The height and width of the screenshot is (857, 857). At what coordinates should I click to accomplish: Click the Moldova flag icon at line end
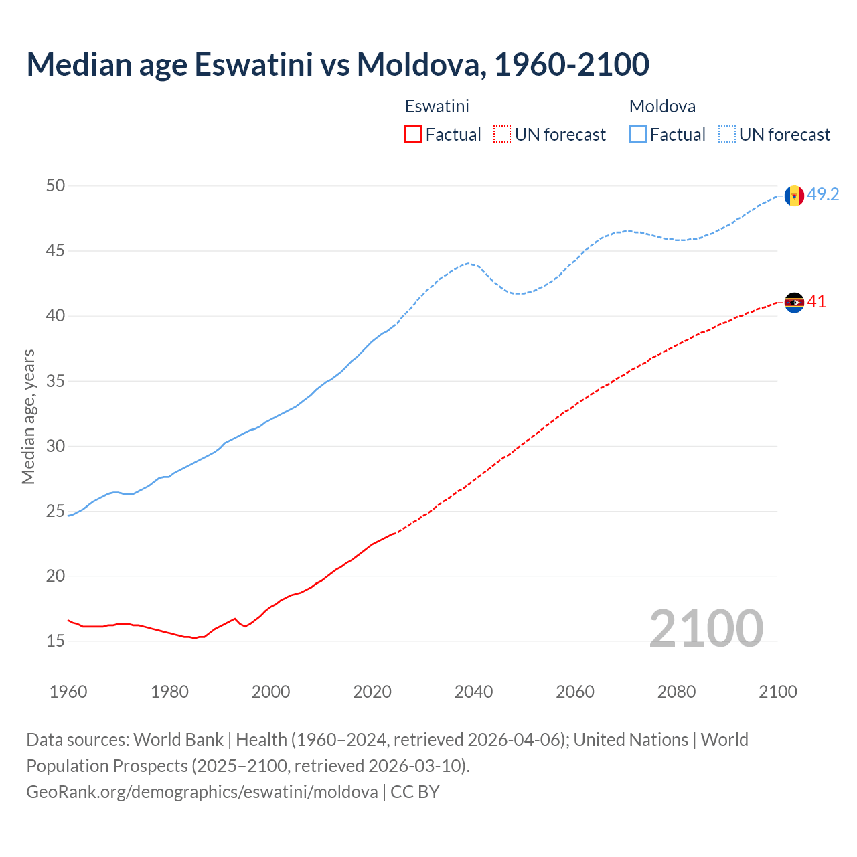(794, 196)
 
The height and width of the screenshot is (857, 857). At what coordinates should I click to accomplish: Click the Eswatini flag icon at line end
(794, 303)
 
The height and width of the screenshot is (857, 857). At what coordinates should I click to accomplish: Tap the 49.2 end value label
(823, 194)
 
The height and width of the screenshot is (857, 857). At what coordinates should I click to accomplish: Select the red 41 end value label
(816, 302)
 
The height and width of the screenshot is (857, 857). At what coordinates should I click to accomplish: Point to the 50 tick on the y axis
(56, 185)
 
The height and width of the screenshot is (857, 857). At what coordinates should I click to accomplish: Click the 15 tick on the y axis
(56, 641)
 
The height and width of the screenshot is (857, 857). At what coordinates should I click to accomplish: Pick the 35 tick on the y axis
(56, 381)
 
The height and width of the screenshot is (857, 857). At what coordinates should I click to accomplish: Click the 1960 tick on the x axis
(68, 692)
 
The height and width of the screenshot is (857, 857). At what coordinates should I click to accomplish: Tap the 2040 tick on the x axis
(473, 692)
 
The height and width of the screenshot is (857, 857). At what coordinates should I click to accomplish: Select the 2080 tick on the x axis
(676, 692)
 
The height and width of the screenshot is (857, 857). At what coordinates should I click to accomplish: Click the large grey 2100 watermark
(706, 628)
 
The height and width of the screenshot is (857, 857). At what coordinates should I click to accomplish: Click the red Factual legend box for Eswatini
(413, 134)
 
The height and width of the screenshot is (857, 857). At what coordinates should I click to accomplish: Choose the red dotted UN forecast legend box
(502, 134)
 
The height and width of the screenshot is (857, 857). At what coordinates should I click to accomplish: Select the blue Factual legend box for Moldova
(637, 134)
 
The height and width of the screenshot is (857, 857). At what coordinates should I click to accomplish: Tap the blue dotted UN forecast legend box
(726, 134)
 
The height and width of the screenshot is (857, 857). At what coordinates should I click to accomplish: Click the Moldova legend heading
(662, 106)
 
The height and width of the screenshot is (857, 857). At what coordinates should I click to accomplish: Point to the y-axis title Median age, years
(28, 416)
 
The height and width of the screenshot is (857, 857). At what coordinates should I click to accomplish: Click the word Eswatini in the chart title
(254, 64)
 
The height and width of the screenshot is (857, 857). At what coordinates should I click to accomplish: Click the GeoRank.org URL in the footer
(202, 791)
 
